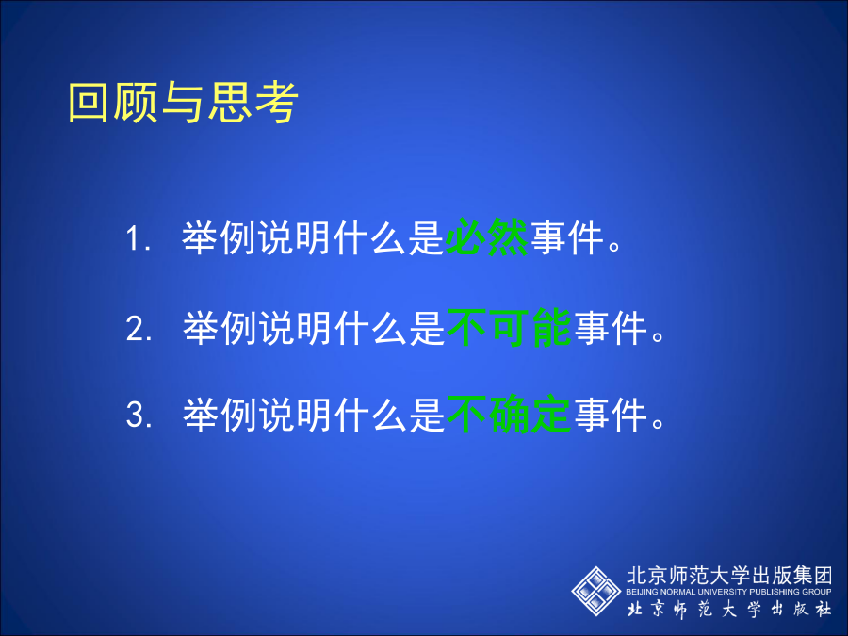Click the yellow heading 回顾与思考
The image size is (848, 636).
(183, 102)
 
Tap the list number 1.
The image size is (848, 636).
(137, 238)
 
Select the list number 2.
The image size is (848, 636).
(139, 328)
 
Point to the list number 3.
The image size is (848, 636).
(139, 415)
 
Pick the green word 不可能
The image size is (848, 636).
(509, 327)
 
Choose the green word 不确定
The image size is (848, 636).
(509, 415)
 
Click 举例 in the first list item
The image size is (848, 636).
(218, 238)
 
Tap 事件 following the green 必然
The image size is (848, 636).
(567, 238)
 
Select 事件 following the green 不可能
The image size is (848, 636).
(611, 328)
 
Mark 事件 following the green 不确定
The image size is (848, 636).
(611, 415)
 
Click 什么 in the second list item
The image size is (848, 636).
(370, 328)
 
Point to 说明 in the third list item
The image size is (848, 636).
(295, 415)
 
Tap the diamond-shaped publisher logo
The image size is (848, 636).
(596, 591)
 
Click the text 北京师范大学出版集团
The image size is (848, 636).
(729, 576)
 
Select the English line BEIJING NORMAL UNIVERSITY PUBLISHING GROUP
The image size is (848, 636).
(728, 592)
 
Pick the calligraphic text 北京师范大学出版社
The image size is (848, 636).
(729, 609)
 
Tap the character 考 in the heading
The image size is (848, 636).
(277, 102)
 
